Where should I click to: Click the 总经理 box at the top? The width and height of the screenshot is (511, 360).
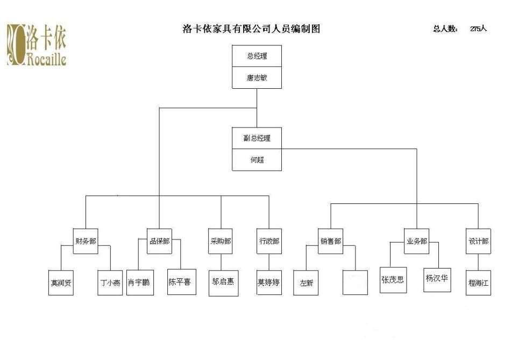tap(257, 56)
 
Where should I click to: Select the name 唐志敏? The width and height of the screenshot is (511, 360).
tap(257, 77)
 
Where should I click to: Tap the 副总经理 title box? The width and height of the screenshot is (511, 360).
tap(257, 138)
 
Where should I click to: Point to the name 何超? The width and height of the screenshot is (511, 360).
tap(257, 160)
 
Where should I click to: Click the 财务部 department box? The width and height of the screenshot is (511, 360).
tap(86, 241)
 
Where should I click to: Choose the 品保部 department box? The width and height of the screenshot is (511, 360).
tap(159, 241)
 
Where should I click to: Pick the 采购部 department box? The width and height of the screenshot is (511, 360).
tap(221, 241)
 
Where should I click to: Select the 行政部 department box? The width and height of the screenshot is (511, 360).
tap(269, 241)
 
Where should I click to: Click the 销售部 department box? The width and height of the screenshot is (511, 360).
tap(330, 241)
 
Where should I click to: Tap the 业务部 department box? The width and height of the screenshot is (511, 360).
tap(416, 241)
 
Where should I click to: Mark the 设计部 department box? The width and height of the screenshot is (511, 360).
tap(478, 241)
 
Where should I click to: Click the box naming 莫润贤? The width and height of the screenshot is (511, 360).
tap(61, 283)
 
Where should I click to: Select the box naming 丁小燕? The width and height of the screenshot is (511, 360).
tap(110, 283)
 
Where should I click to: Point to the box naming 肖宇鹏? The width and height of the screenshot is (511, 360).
tap(139, 282)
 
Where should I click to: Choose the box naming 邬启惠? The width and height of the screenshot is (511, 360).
tap(223, 281)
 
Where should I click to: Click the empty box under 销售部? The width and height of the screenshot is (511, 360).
tap(355, 283)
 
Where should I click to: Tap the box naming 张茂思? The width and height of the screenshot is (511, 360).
tap(393, 280)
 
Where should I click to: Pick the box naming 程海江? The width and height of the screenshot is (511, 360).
tap(478, 283)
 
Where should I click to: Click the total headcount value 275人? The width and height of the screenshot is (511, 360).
tap(478, 29)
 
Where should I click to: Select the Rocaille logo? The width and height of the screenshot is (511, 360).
tap(36, 45)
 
